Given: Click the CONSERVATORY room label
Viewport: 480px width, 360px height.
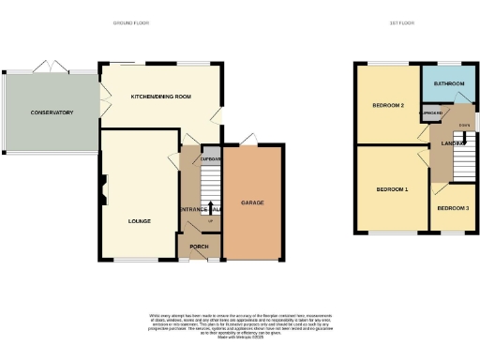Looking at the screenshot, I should [52, 112].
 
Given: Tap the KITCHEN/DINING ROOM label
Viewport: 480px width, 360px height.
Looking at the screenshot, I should [161, 97].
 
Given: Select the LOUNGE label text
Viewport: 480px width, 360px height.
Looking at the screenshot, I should [140, 220].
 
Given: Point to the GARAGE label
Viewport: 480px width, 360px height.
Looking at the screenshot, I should [252, 202].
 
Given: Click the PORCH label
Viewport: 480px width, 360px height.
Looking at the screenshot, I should [199, 247].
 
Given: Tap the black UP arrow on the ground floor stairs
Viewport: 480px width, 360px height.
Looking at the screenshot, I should [210, 207].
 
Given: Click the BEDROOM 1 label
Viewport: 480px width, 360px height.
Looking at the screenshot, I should [392, 189].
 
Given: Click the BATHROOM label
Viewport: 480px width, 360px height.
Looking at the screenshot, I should [448, 83].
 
